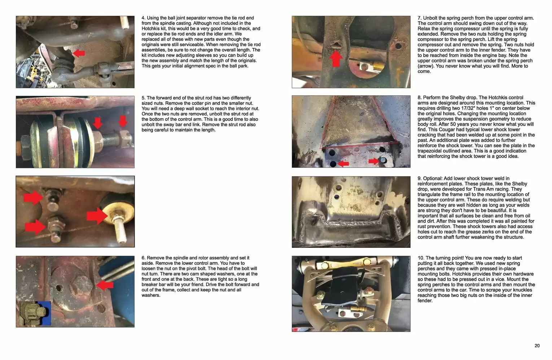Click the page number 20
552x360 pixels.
pos(537,346)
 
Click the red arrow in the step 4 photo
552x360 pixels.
pos(79,53)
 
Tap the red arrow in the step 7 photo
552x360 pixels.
pos(336,58)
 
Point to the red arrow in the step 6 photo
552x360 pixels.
pos(105,285)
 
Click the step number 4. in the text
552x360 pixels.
pos(144,18)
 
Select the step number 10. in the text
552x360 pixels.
pos(421,258)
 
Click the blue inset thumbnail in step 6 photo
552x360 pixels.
pos(35,313)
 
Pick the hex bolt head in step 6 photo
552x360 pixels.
pos(83,285)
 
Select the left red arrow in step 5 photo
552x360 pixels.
pos(98,123)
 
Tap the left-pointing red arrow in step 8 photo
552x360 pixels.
pos(343,164)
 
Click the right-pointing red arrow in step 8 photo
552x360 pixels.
pos(374,161)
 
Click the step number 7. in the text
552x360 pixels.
pos(420,18)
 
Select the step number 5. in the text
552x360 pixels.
pos(144,98)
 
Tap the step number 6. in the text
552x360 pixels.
pos(144,258)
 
